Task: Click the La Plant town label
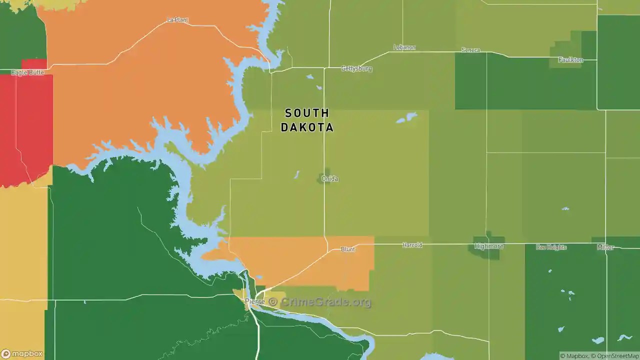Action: click(x=177, y=20)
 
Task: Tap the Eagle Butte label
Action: click(x=27, y=72)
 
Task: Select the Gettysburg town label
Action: click(x=356, y=68)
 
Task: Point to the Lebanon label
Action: click(x=404, y=47)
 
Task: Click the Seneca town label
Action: click(x=470, y=50)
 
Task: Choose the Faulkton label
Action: click(x=570, y=60)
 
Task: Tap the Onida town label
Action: click(x=329, y=178)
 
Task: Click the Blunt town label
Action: click(x=348, y=249)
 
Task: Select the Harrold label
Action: click(x=412, y=245)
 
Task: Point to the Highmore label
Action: click(x=489, y=246)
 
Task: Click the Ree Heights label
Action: click(x=551, y=247)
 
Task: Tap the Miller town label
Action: click(x=605, y=247)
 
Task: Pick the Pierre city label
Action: click(x=254, y=301)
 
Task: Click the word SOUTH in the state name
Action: click(x=307, y=113)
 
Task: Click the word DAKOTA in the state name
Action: click(x=307, y=127)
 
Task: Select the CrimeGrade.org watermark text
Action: click(x=326, y=302)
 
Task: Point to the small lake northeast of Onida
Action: click(x=406, y=118)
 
